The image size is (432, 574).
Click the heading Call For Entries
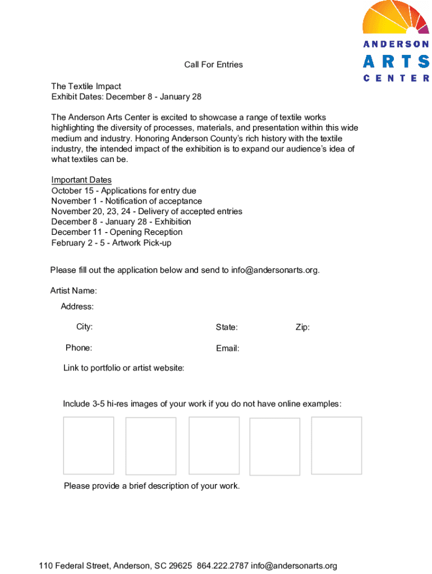point(213,64)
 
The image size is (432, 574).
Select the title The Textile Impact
point(86,86)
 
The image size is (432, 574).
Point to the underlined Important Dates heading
point(81,180)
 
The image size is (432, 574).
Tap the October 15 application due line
point(123,191)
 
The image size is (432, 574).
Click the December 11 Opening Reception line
point(117,232)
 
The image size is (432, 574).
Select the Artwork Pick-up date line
point(111,243)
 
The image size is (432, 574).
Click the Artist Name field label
point(73,290)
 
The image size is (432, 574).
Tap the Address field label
point(77,307)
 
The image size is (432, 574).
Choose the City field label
point(85,327)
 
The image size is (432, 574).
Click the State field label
point(227,327)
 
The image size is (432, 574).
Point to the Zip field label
point(302,327)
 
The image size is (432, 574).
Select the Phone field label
point(79,348)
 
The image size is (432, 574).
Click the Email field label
point(227,349)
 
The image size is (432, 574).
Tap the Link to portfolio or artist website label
point(123,368)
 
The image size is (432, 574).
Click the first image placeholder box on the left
point(89,446)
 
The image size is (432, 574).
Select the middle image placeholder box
point(214,446)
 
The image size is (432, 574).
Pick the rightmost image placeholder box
point(336,445)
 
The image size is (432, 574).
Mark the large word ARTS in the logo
point(396,62)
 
